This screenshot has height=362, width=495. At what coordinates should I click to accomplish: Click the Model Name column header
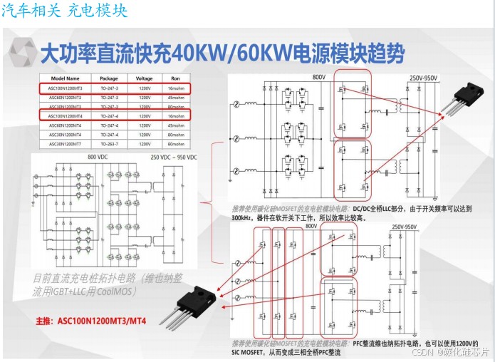[65, 78]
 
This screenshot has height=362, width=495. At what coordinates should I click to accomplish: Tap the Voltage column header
[145, 78]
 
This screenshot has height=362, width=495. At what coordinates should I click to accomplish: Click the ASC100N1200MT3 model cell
[65, 88]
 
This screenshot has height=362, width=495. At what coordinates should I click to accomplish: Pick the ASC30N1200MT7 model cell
[65, 143]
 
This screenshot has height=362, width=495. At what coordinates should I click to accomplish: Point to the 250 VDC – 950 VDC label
[174, 157]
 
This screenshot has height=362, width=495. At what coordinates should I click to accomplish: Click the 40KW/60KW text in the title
[213, 52]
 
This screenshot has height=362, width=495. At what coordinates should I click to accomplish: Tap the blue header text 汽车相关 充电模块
[65, 10]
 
